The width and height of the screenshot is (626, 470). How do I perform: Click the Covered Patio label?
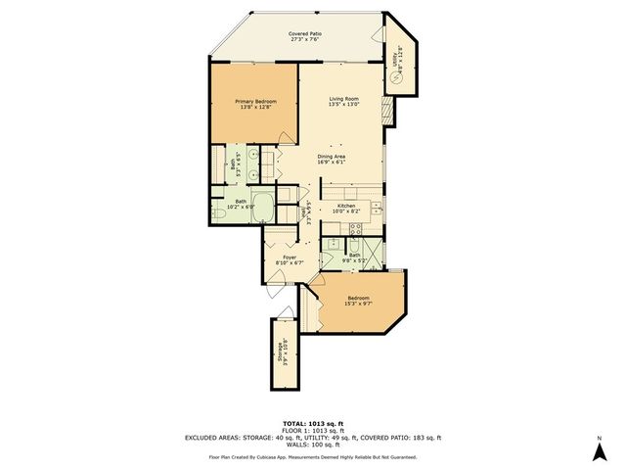[305, 34]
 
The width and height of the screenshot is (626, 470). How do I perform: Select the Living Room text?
[343, 99]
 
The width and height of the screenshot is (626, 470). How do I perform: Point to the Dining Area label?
[333, 158]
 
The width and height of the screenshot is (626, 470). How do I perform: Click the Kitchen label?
[346, 206]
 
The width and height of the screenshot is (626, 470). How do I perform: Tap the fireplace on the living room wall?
[388, 115]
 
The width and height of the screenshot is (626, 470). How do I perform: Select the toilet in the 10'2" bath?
[224, 210]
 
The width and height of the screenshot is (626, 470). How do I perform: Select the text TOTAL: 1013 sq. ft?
[312, 422]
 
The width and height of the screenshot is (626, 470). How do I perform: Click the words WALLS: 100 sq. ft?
[312, 445]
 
